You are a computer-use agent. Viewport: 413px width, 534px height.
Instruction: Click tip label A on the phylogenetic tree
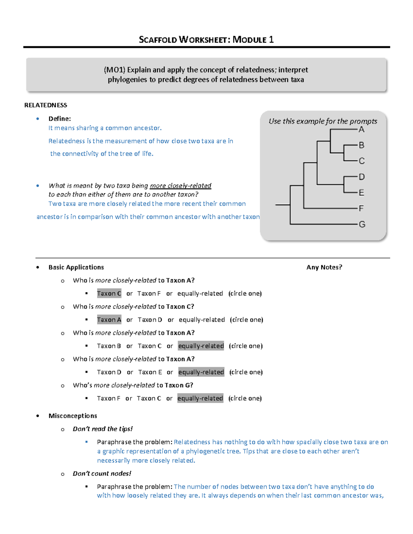pyautogui.click(x=361, y=130)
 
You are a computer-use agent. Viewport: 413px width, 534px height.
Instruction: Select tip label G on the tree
pyautogui.click(x=362, y=225)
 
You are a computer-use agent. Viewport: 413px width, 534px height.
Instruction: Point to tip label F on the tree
pyautogui.click(x=361, y=208)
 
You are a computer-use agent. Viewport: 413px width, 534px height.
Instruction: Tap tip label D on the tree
pyautogui.click(x=362, y=177)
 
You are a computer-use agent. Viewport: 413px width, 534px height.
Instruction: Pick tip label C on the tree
pyautogui.click(x=362, y=161)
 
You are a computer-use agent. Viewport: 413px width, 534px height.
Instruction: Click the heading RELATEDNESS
pyautogui.click(x=45, y=105)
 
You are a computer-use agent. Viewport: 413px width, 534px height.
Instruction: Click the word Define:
pyautogui.click(x=60, y=119)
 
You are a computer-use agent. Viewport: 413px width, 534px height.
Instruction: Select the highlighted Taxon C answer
pyautogui.click(x=109, y=293)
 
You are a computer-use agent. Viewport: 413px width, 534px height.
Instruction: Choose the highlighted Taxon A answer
pyautogui.click(x=109, y=320)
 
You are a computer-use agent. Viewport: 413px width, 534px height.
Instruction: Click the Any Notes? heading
pyautogui.click(x=324, y=267)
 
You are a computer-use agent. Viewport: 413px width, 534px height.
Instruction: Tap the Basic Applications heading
pyautogui.click(x=76, y=267)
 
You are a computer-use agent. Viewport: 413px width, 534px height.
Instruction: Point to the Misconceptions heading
pyautogui.click(x=73, y=416)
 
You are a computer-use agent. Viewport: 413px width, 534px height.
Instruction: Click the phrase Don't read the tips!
pyautogui.click(x=103, y=429)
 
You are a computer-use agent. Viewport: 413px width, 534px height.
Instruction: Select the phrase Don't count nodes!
pyautogui.click(x=102, y=473)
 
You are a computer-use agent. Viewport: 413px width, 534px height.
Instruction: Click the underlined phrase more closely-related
pyautogui.click(x=180, y=186)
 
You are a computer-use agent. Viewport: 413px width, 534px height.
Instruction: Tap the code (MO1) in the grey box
pyautogui.click(x=114, y=70)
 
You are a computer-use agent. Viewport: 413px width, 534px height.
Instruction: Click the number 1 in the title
pyautogui.click(x=271, y=40)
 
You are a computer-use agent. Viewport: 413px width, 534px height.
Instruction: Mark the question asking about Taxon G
pyautogui.click(x=133, y=385)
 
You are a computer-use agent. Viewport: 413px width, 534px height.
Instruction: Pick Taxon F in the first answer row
pyautogui.click(x=149, y=293)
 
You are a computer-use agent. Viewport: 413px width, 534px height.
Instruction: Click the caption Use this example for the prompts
pyautogui.click(x=323, y=121)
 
